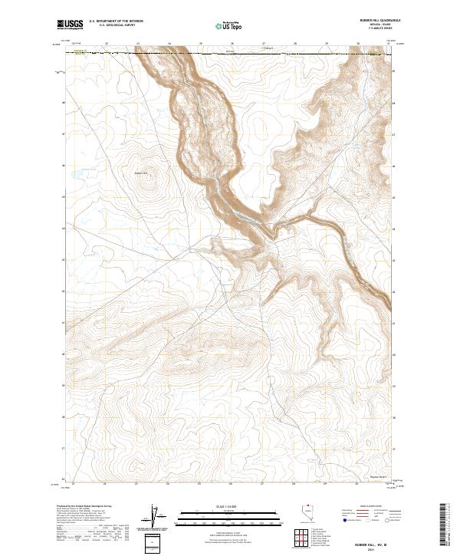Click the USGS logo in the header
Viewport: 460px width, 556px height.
(70, 25)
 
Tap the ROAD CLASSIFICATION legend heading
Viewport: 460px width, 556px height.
(372, 508)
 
